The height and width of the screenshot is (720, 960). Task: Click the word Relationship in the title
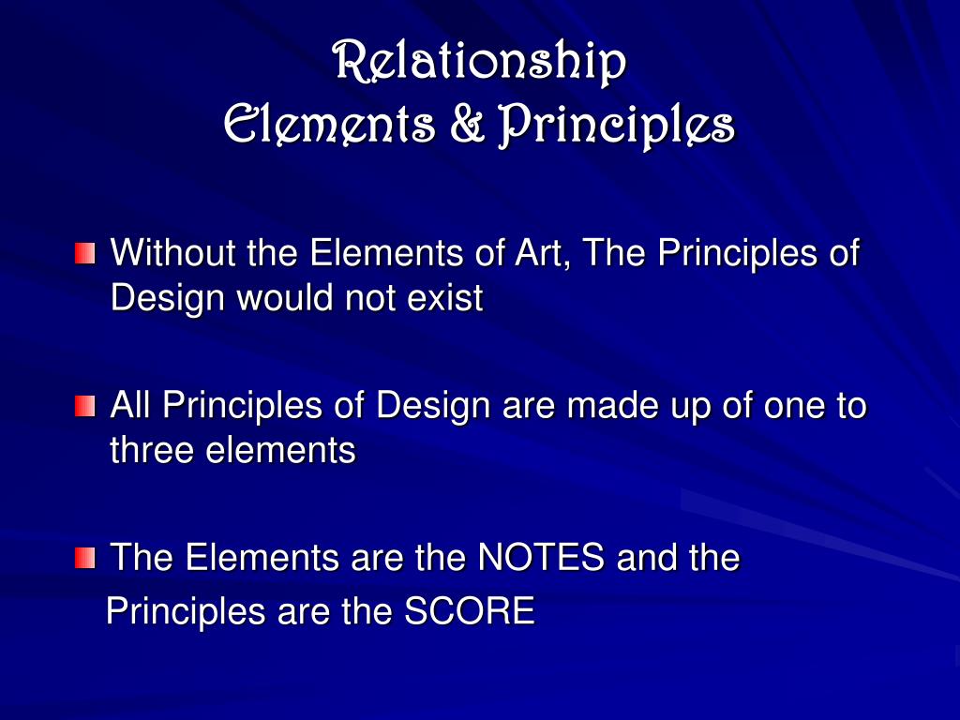coord(479,63)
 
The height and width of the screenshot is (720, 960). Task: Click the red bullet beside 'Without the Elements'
coord(85,253)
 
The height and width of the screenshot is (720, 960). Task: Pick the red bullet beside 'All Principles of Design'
coord(85,407)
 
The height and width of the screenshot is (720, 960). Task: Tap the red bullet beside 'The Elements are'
coord(85,560)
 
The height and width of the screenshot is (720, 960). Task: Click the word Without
coord(174,253)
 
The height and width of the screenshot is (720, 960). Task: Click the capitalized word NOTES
coord(541,559)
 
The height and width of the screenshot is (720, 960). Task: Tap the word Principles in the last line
coord(187,612)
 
